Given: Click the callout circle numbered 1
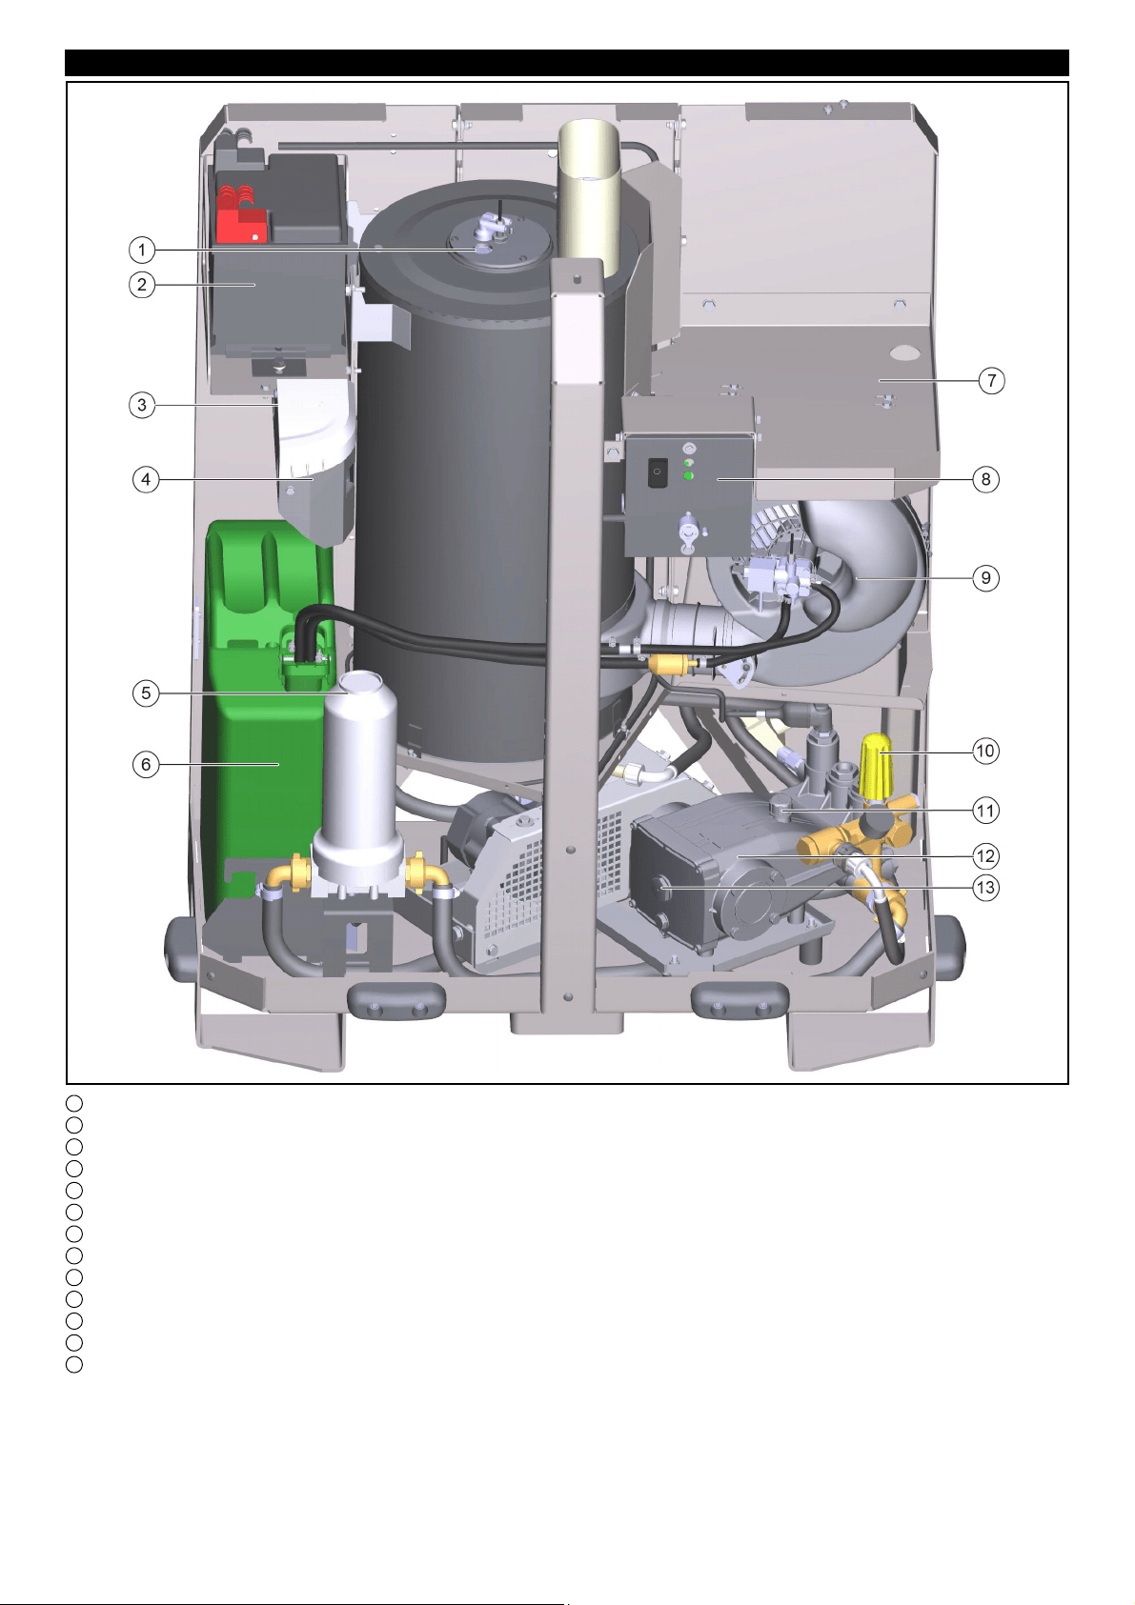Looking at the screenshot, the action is pos(142,251).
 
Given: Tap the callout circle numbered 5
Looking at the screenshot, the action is pos(146,692).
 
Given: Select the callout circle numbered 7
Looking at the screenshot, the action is pos(992,380).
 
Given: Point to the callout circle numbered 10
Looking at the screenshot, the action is pos(985,751).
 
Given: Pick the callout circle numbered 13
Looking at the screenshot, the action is pos(986,888).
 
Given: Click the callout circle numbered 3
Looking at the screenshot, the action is pos(142,405).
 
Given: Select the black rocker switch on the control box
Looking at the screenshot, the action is pos(656,472).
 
